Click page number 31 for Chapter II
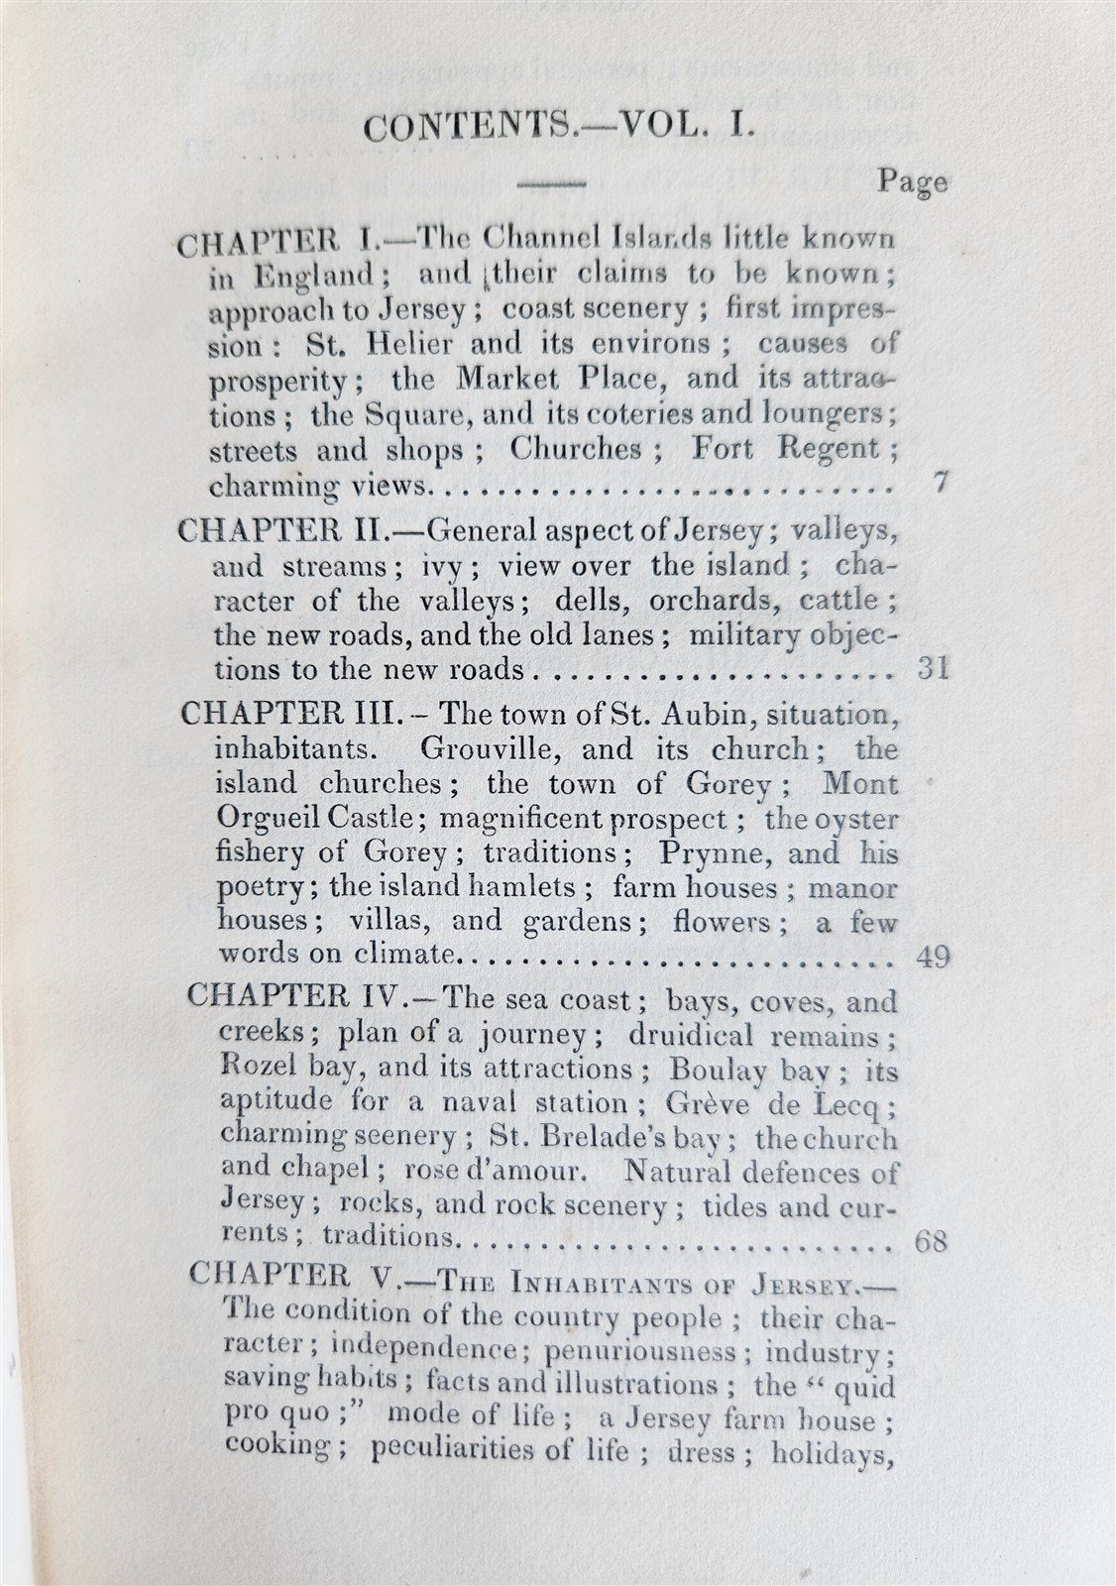(x=933, y=667)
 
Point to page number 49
(x=933, y=957)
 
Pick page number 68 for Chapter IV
(x=933, y=1240)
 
